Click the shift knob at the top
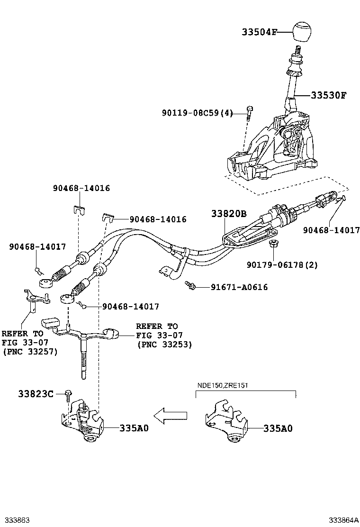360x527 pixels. point(304,32)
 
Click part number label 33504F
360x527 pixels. point(260,32)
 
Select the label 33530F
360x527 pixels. point(328,95)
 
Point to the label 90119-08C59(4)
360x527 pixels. point(198,113)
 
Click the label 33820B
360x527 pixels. point(229,213)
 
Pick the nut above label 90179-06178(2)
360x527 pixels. point(273,243)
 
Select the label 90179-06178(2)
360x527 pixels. point(282,265)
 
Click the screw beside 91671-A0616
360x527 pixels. point(190,285)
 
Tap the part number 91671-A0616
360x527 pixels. point(239,287)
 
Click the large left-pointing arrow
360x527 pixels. point(170,416)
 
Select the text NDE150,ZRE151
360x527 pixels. point(222,385)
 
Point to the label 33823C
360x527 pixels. point(36,393)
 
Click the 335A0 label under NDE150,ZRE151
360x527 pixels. point(278,428)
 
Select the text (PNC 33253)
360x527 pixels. point(164,345)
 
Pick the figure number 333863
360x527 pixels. point(15,520)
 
